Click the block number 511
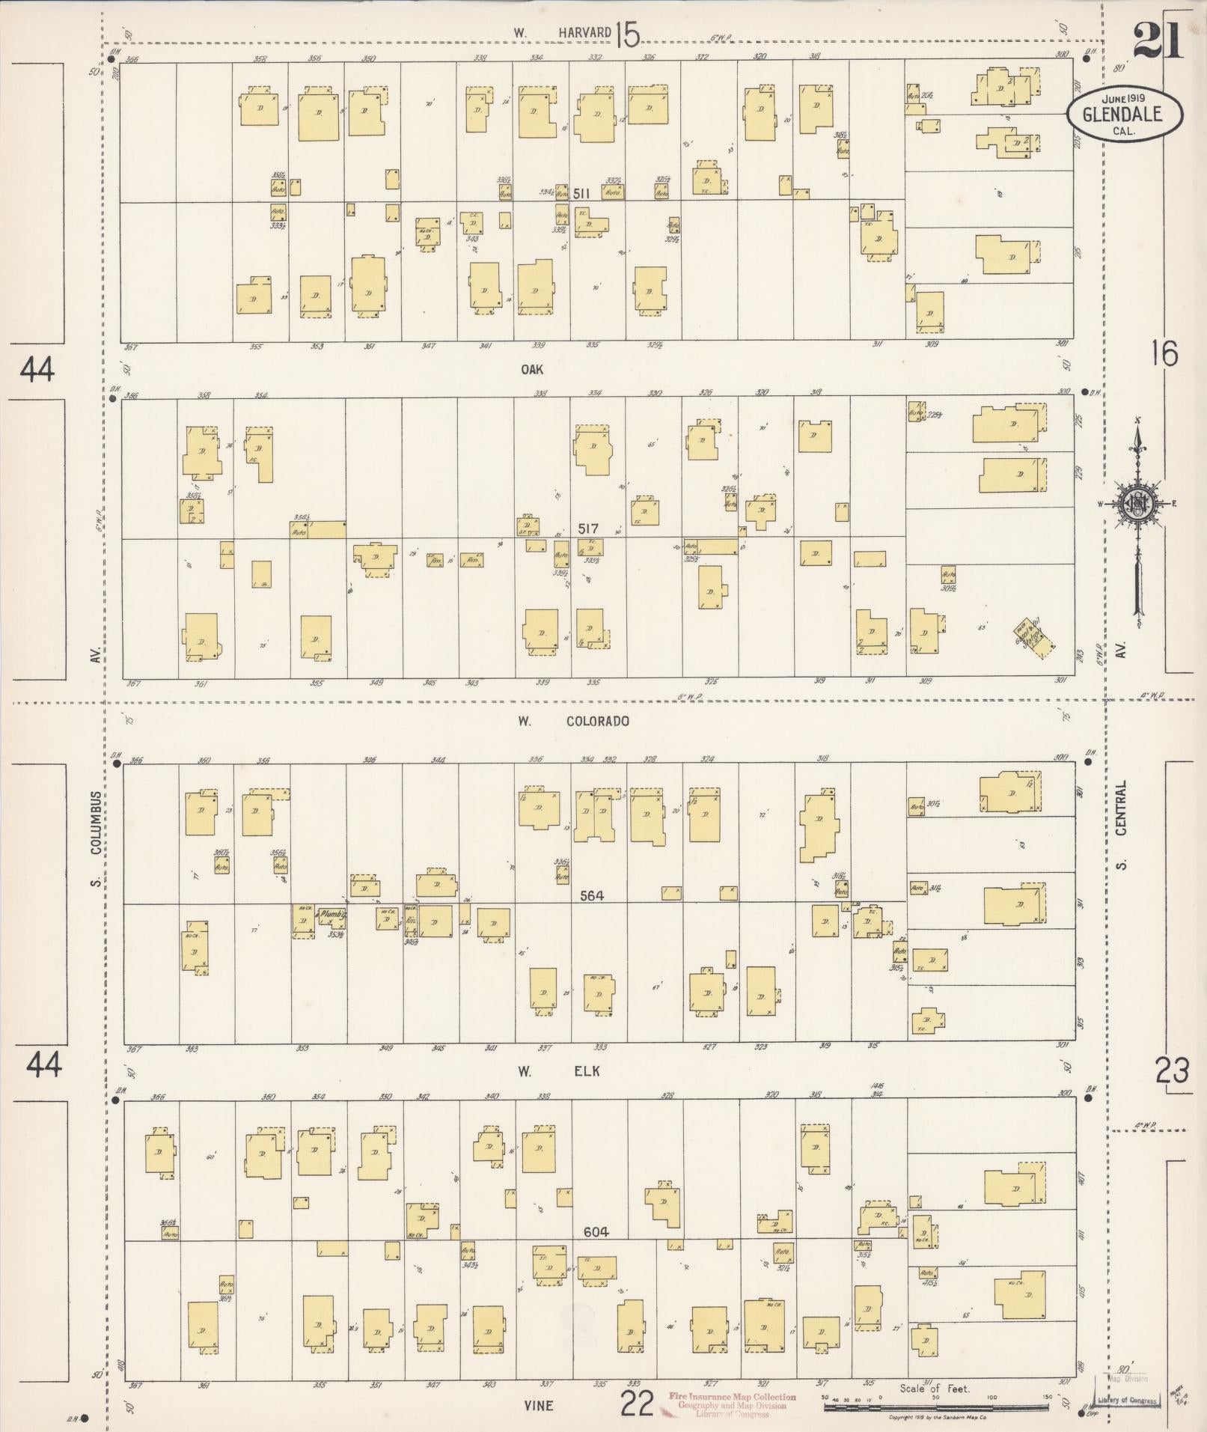tap(582, 194)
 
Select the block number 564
tap(590, 895)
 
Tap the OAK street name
tap(533, 370)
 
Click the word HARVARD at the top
tap(584, 33)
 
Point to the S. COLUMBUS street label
tap(97, 838)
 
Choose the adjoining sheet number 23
tap(1172, 1072)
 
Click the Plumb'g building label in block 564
tap(331, 914)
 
